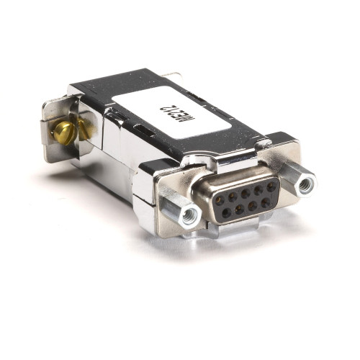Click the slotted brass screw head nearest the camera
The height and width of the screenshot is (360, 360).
(63, 133)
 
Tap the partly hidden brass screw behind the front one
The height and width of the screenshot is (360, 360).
(84, 130)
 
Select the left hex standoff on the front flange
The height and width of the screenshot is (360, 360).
(189, 214)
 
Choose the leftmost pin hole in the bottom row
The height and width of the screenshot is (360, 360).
(225, 212)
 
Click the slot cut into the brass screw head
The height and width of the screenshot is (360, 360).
(63, 133)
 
